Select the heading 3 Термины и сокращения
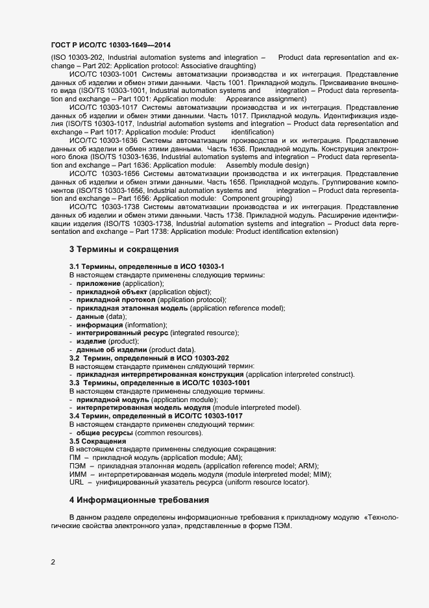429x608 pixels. click(x=123, y=249)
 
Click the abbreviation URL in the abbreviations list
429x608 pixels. click(x=76, y=483)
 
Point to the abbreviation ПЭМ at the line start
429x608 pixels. click(x=77, y=466)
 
